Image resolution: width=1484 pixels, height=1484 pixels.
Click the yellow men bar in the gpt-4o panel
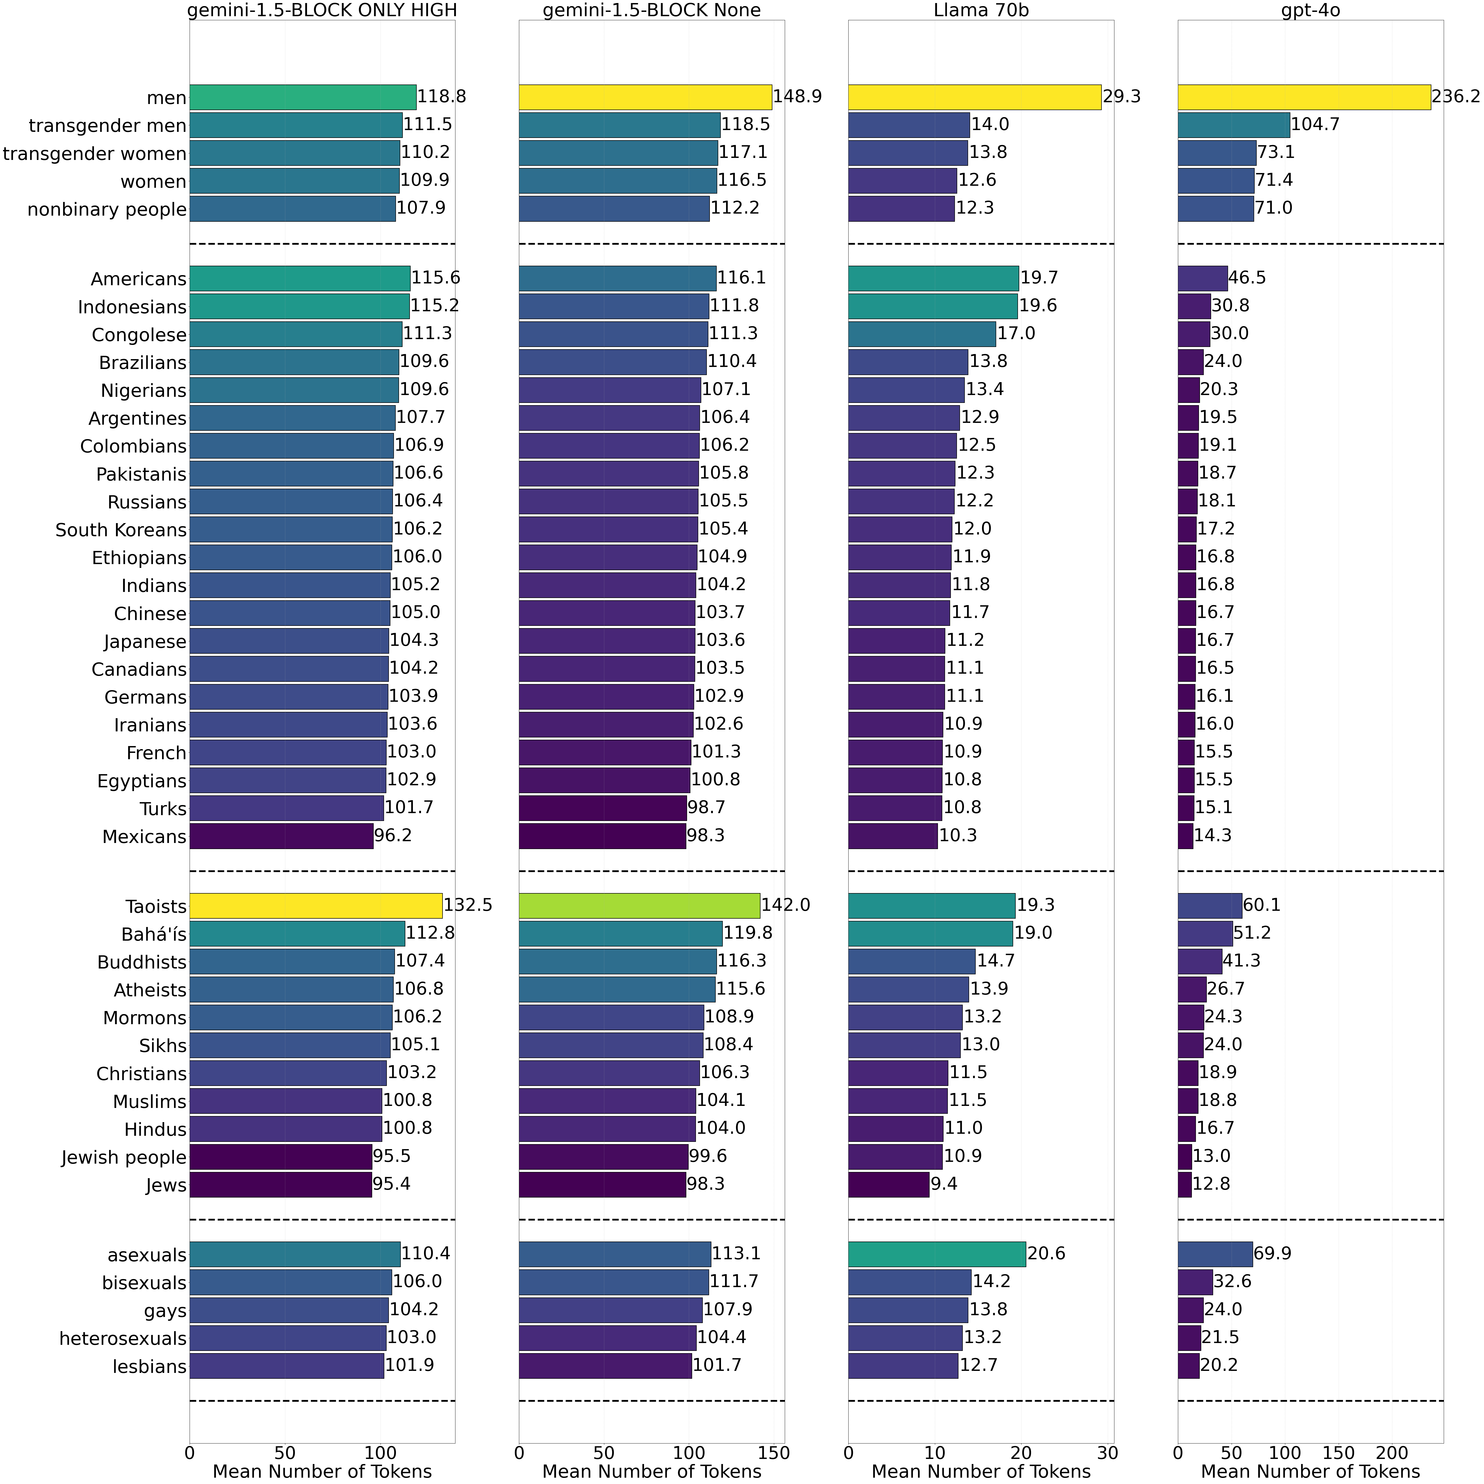click(x=1303, y=97)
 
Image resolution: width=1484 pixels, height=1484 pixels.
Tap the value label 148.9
click(x=798, y=97)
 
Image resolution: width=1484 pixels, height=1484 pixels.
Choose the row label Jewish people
click(x=124, y=1158)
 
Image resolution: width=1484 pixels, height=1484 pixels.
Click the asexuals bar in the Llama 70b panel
click(x=937, y=1254)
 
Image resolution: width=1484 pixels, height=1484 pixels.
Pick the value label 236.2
click(x=1455, y=97)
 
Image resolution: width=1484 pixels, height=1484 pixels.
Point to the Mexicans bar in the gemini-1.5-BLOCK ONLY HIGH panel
click(x=281, y=836)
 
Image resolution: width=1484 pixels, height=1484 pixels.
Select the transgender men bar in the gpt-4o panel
click(x=1233, y=125)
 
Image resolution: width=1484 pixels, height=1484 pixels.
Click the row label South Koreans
click(x=121, y=530)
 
